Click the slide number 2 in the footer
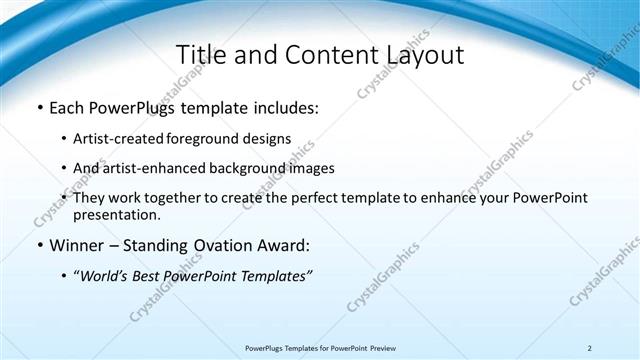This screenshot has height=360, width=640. pos(589,348)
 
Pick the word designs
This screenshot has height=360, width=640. pos(270,138)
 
